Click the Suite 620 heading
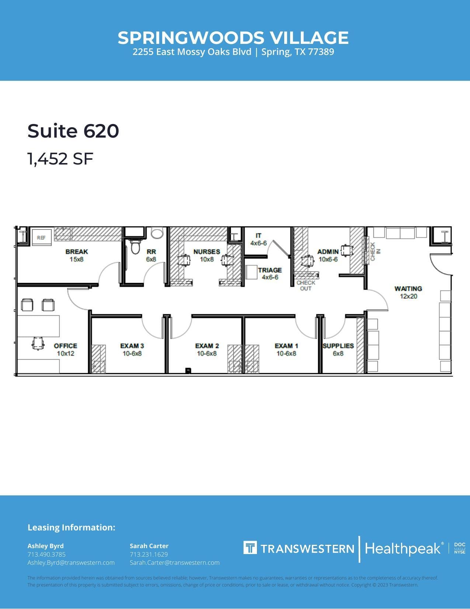[x=73, y=131]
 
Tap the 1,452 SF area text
[x=60, y=159]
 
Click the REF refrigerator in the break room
[x=41, y=238]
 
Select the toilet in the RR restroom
[x=135, y=247]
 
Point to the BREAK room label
[x=77, y=252]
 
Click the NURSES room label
[x=206, y=252]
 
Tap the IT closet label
[x=258, y=236]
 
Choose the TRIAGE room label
[x=270, y=270]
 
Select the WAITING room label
[x=408, y=288]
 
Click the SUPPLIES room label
[x=338, y=346]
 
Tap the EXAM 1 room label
[x=286, y=346]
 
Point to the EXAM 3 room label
[x=132, y=346]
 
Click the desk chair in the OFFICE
[x=38, y=343]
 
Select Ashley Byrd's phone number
[x=46, y=554]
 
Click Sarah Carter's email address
[x=174, y=563]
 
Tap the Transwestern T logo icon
[x=250, y=548]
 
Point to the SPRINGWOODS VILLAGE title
[x=233, y=38]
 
